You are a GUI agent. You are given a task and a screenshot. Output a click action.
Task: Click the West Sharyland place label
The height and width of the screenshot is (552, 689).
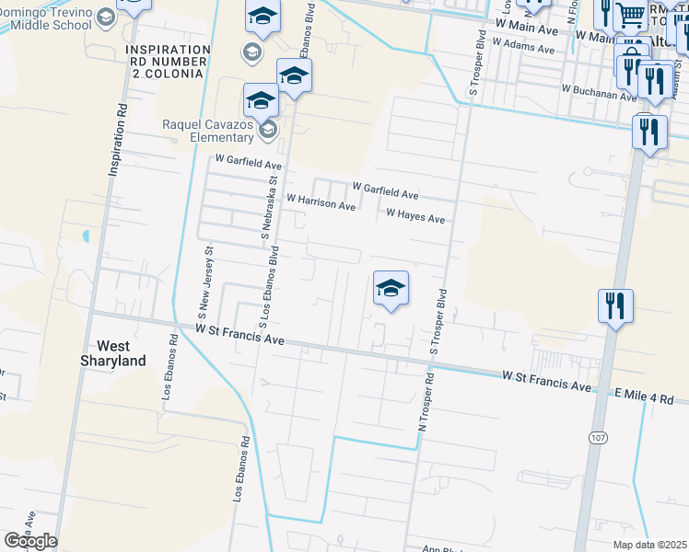tap(122, 353)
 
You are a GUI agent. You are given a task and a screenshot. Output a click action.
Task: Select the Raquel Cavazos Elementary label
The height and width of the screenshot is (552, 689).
tap(207, 131)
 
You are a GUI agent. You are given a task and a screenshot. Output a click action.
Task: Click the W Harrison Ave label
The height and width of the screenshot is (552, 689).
tap(321, 202)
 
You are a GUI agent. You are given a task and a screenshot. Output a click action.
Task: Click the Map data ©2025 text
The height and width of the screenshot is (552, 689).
tap(648, 545)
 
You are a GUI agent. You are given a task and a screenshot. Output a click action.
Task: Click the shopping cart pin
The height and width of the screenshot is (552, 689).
tap(630, 16)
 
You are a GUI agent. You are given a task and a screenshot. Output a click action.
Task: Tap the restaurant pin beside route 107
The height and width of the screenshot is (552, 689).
tap(615, 306)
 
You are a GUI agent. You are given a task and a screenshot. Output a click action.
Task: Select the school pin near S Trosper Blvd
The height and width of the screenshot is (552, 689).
tap(391, 290)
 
